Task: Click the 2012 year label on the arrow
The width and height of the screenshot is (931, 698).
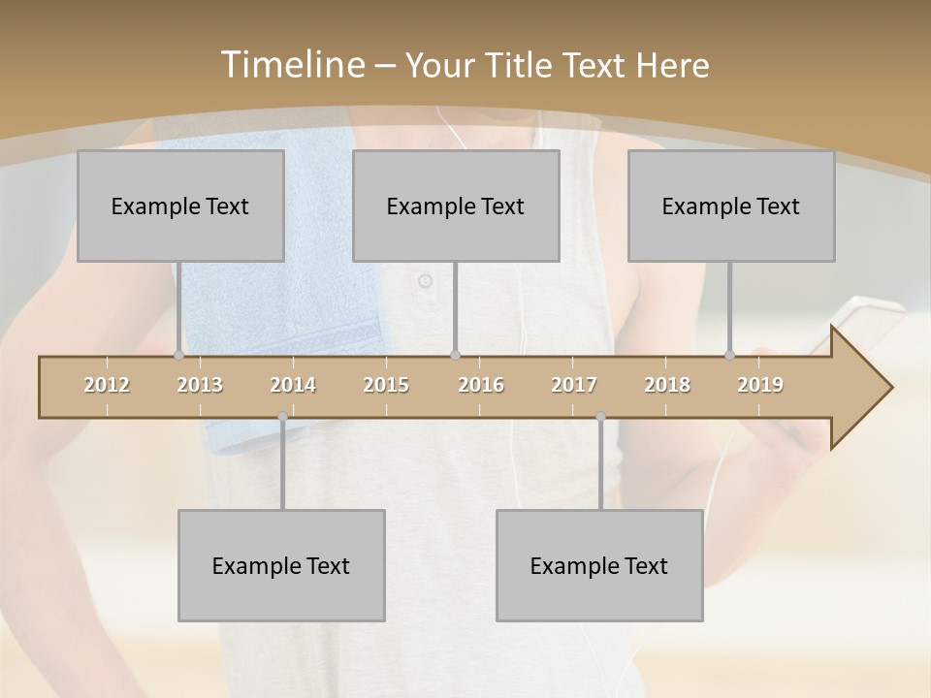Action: tap(107, 385)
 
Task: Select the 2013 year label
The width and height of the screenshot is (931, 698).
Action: tap(200, 385)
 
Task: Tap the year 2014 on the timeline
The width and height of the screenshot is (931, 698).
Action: tap(293, 385)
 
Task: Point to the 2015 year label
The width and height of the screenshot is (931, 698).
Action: tap(386, 385)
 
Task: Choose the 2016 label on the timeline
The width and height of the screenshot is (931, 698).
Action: tap(481, 385)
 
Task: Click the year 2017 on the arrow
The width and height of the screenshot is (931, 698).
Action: tap(574, 385)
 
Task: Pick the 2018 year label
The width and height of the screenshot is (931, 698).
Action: tap(667, 385)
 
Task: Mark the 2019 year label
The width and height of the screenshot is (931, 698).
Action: tap(760, 385)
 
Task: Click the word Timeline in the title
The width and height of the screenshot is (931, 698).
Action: tap(292, 65)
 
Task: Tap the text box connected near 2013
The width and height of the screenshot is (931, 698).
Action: tap(180, 206)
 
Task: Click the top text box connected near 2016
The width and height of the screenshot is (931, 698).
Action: tap(456, 206)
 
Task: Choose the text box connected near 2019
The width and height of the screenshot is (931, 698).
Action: tap(731, 206)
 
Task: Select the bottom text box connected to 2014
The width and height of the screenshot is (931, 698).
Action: tap(281, 565)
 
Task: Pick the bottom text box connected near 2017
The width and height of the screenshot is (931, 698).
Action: tap(599, 565)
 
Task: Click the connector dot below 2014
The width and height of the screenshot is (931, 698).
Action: tap(282, 417)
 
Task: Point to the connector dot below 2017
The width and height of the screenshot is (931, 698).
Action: tap(600, 417)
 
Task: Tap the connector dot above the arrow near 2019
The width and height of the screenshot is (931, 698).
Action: tap(730, 355)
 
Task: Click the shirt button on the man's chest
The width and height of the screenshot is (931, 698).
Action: tap(425, 281)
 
